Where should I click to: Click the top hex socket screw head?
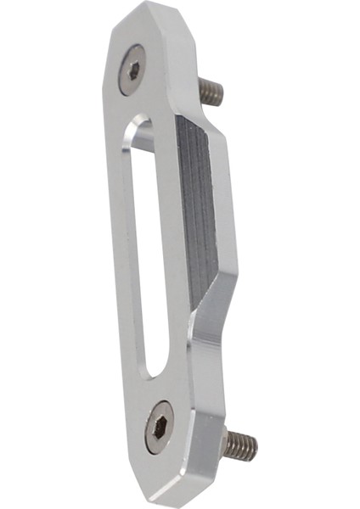click(133, 69)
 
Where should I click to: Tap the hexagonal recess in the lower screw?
click(159, 428)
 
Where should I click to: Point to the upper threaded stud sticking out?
click(211, 91)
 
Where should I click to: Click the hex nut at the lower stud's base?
click(225, 439)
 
